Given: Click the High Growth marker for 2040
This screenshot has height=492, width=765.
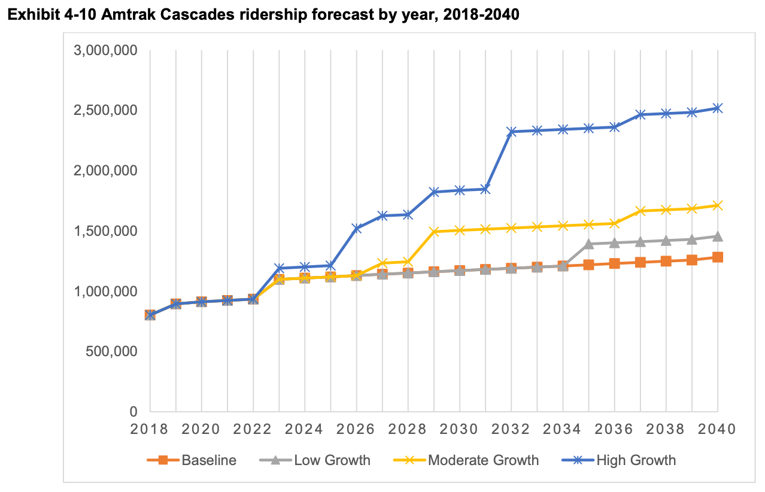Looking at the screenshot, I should coord(717,108).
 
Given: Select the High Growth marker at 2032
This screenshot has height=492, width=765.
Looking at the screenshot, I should coord(511,132).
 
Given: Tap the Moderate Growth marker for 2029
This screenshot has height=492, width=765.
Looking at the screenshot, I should coord(433,231).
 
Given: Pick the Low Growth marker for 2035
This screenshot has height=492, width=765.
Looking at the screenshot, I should coord(588,244).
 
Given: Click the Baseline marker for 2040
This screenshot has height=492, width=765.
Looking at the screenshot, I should coord(717,257).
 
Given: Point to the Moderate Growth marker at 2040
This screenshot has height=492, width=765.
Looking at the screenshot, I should coord(717,205).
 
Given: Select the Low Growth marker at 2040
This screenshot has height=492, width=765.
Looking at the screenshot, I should coord(717,236).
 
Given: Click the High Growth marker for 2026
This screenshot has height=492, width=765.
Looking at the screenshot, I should coord(356,228).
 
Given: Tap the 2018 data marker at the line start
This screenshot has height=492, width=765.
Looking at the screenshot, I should coord(150,315).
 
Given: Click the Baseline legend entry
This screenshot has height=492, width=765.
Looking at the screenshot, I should coord(192,460).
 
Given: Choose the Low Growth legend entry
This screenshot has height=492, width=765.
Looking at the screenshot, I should coord(315,460).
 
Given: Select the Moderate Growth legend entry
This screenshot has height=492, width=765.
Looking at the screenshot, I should coord(466,460).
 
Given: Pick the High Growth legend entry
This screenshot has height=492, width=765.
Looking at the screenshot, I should coord(619,460).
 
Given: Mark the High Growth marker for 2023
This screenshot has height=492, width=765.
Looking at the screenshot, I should coord(279,268).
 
